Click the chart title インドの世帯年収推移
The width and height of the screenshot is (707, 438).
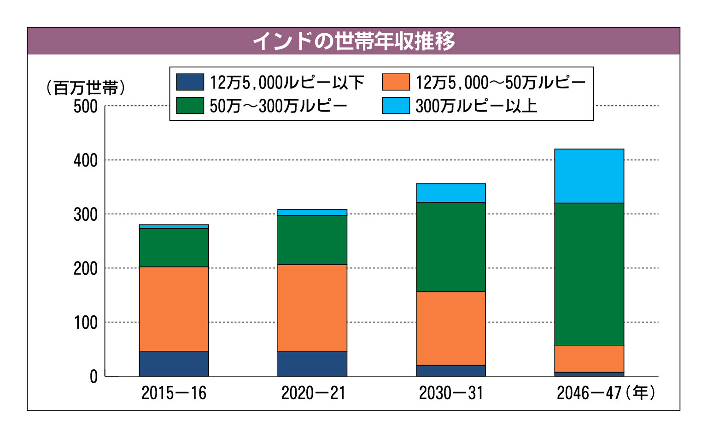[x=353, y=41]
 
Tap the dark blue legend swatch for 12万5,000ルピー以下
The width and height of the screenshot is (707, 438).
[x=190, y=83]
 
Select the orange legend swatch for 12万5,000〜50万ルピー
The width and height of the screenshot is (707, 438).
[x=396, y=83]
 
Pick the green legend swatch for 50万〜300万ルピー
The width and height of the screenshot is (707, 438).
[x=190, y=106]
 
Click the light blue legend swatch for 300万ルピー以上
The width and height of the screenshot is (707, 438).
[x=396, y=106]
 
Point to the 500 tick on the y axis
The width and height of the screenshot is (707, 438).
[x=86, y=107]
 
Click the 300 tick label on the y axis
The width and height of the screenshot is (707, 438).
[x=86, y=214]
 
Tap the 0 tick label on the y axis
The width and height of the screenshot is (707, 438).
[x=93, y=377]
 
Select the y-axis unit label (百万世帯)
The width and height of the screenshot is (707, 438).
[x=86, y=88]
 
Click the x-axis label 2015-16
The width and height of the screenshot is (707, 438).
[x=174, y=393]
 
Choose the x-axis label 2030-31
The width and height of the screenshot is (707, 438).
[x=451, y=393]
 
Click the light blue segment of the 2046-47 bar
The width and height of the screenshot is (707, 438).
[x=589, y=176]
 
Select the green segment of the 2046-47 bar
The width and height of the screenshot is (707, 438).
[x=589, y=274]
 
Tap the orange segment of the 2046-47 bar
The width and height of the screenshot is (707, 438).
[x=589, y=359]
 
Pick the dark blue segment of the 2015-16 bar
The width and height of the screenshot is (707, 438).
[x=174, y=364]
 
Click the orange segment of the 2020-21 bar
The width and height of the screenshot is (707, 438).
[x=312, y=308]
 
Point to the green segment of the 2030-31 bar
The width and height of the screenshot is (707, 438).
[x=451, y=247]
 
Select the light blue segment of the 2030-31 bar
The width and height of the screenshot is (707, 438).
[x=451, y=193]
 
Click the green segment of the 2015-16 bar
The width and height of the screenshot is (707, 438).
[x=174, y=248]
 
